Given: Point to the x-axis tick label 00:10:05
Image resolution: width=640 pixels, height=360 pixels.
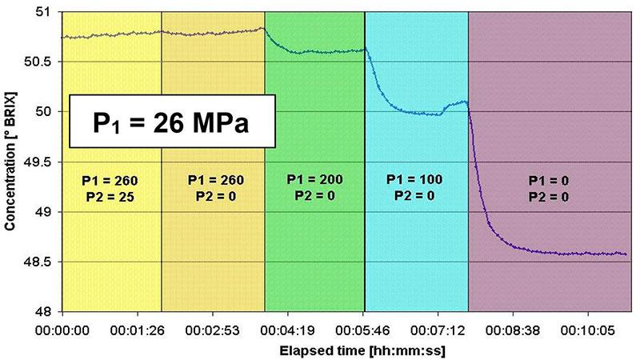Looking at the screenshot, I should (590, 328).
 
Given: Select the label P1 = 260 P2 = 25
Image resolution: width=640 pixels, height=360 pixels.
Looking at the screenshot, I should (110, 186).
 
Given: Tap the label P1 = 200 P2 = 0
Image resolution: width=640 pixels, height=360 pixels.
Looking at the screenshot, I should (314, 186).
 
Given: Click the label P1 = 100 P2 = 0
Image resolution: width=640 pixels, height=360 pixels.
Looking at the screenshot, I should (416, 186).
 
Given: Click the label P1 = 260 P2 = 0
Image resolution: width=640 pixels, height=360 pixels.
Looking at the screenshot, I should (213, 186).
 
